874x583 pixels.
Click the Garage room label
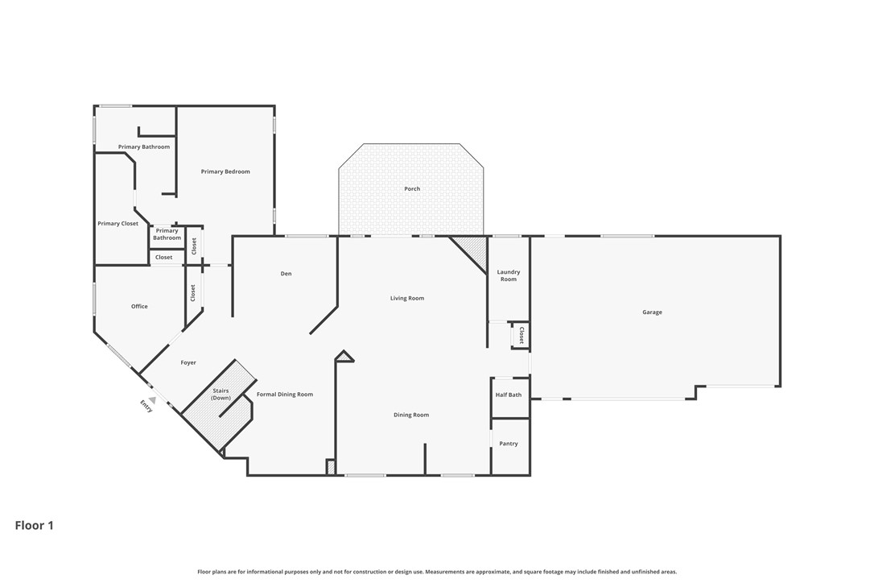pyautogui.click(x=652, y=312)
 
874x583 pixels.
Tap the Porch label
pyautogui.click(x=412, y=189)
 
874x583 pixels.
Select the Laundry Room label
pyautogui.click(x=509, y=275)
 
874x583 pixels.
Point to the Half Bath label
pyautogui.click(x=509, y=395)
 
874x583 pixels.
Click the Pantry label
pyautogui.click(x=509, y=444)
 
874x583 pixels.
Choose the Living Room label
pyautogui.click(x=407, y=299)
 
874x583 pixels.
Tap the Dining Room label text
pyautogui.click(x=411, y=416)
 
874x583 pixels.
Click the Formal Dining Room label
pyautogui.click(x=285, y=395)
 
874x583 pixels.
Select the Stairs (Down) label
pyautogui.click(x=221, y=395)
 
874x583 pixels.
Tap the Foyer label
pyautogui.click(x=188, y=363)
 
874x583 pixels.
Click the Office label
pyautogui.click(x=139, y=307)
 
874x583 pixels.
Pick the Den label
pyautogui.click(x=286, y=274)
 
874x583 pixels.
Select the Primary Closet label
pyautogui.click(x=118, y=224)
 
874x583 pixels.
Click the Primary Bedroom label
pyautogui.click(x=225, y=172)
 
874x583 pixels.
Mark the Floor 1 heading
pyautogui.click(x=35, y=526)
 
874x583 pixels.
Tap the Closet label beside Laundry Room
pyautogui.click(x=522, y=336)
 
